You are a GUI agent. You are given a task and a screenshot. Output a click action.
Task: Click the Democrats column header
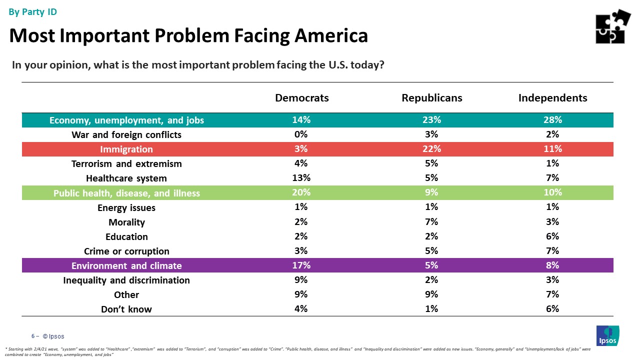(302, 98)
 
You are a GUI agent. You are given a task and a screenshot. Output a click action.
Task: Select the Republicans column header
(432, 98)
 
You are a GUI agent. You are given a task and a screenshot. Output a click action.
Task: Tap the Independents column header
(552, 98)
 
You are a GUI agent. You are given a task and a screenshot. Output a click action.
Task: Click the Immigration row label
(126, 149)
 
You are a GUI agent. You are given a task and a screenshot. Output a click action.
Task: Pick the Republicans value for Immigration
(432, 149)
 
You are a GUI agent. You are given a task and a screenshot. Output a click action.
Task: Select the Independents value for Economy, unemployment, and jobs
(552, 120)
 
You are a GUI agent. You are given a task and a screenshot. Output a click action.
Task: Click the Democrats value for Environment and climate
(301, 265)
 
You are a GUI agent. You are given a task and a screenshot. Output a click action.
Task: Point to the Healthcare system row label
(126, 178)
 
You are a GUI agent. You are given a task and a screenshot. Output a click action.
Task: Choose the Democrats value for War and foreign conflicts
(301, 134)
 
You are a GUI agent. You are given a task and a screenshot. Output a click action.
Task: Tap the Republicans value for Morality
(432, 222)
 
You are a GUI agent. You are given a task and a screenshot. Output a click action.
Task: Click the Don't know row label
(126, 309)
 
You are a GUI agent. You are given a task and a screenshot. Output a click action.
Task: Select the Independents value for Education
(552, 236)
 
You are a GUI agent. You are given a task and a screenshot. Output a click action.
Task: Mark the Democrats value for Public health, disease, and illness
(301, 193)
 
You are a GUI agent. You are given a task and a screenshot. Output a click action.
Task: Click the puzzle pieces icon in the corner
(612, 26)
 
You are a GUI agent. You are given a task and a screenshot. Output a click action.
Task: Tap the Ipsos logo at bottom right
(607, 335)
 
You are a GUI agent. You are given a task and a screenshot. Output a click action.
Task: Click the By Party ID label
(33, 12)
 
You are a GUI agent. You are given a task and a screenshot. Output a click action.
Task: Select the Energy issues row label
(126, 208)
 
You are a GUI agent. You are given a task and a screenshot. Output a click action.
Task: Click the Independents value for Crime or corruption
(552, 251)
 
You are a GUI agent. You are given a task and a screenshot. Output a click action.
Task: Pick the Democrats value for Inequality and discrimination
(301, 280)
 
